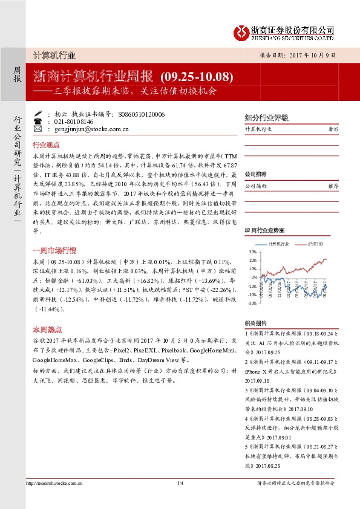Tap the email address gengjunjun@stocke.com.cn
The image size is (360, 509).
tap(88, 129)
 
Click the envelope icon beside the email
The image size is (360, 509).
tap(38, 129)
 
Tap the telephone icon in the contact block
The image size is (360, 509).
tap(38, 121)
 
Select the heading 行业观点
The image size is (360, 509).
tap(45, 145)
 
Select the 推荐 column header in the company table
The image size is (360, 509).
tap(332, 186)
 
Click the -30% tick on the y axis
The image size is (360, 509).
tap(250, 303)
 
